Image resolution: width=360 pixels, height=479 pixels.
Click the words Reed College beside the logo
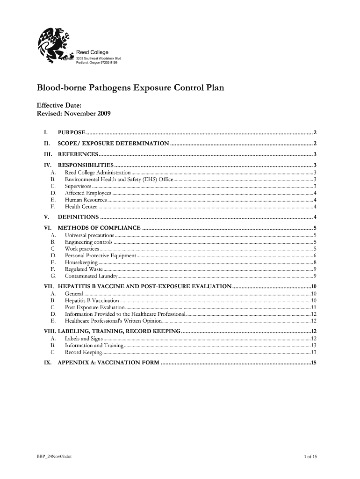(92, 52)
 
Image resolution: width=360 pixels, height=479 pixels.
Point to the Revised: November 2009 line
(74, 114)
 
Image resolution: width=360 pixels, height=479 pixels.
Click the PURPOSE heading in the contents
(71, 132)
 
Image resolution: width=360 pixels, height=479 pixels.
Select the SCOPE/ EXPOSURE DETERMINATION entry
(113, 143)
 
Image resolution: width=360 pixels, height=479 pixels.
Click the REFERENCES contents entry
(78, 154)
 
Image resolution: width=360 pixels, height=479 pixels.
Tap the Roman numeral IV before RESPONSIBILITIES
(47, 165)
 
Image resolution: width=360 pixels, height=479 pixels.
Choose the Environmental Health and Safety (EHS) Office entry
(119, 179)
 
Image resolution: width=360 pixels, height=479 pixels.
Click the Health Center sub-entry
(81, 206)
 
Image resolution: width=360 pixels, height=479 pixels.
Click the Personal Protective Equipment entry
(100, 255)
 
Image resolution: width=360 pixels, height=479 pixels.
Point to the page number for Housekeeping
(316, 262)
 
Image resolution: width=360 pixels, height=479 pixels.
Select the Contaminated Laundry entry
(91, 276)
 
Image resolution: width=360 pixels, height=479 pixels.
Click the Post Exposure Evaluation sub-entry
(94, 307)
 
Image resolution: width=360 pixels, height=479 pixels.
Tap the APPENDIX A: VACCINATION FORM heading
(108, 363)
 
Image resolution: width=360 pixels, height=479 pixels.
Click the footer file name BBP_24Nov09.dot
(55, 456)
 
